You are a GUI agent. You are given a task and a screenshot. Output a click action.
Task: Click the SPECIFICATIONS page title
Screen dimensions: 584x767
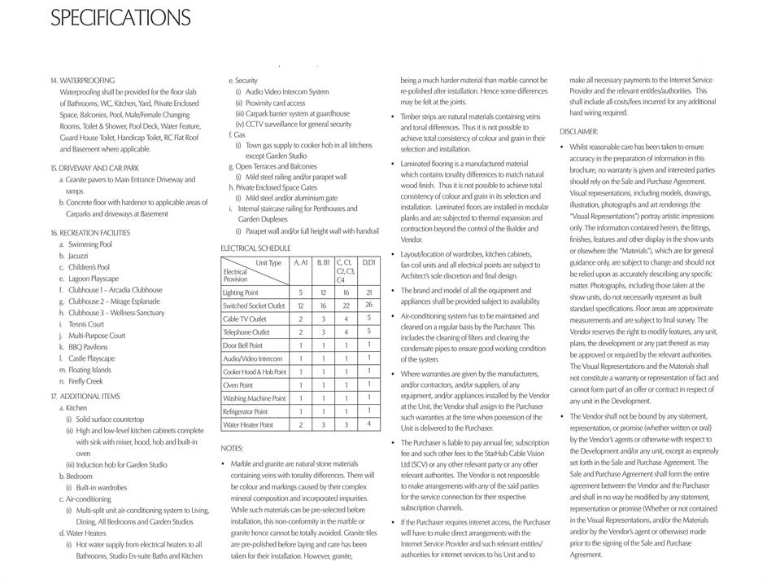(x=120, y=18)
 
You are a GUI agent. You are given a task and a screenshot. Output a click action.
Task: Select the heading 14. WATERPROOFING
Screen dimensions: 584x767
(x=82, y=81)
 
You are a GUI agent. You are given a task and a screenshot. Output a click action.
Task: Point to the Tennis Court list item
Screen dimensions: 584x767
(x=86, y=324)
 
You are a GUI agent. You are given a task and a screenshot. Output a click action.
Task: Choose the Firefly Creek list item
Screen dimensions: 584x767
(x=85, y=381)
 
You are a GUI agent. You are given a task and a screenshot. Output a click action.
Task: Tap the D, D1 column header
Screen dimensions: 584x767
(x=369, y=262)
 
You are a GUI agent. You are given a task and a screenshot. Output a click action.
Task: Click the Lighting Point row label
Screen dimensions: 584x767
(x=241, y=292)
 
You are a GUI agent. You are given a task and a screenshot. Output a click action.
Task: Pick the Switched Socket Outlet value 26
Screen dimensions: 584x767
(x=368, y=305)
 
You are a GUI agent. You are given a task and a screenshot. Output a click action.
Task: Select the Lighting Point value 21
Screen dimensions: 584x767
(x=368, y=292)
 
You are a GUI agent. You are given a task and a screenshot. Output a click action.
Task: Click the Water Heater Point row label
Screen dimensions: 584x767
(x=248, y=425)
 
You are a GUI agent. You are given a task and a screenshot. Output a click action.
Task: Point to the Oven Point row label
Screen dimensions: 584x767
(x=238, y=385)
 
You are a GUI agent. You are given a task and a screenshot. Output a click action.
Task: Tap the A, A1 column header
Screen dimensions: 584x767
(x=300, y=262)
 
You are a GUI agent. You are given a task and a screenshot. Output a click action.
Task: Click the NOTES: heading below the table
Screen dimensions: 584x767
(x=232, y=448)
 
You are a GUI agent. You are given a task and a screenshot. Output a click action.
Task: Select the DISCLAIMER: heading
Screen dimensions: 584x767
(x=579, y=131)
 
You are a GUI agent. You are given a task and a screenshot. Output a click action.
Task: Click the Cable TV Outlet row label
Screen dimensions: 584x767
(x=245, y=319)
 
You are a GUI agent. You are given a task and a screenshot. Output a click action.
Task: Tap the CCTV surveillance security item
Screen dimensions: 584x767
(x=299, y=125)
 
